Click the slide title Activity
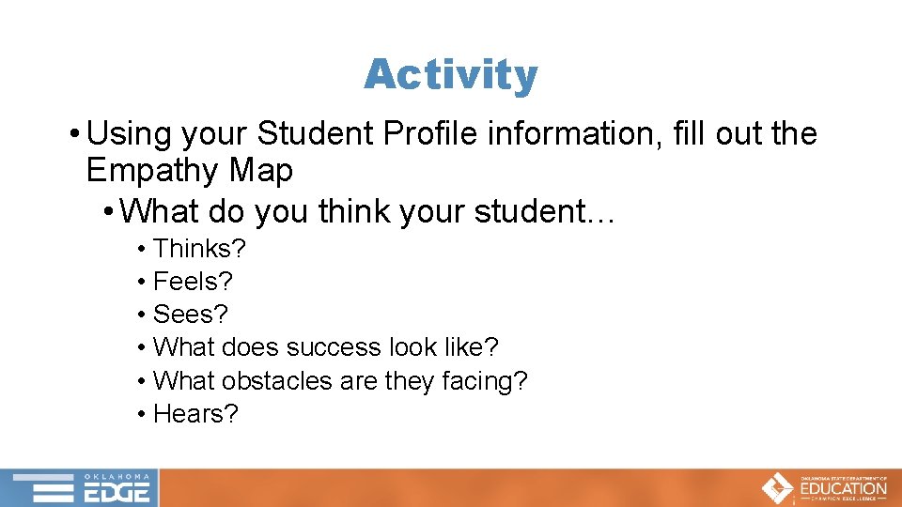coord(451,74)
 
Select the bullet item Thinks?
coord(198,249)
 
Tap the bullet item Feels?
coord(193,282)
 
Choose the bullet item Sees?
coord(191,315)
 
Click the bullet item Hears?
coord(195,413)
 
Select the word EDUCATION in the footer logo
coord(843,488)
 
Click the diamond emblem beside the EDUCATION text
coord(777,488)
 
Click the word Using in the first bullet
coord(123,134)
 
